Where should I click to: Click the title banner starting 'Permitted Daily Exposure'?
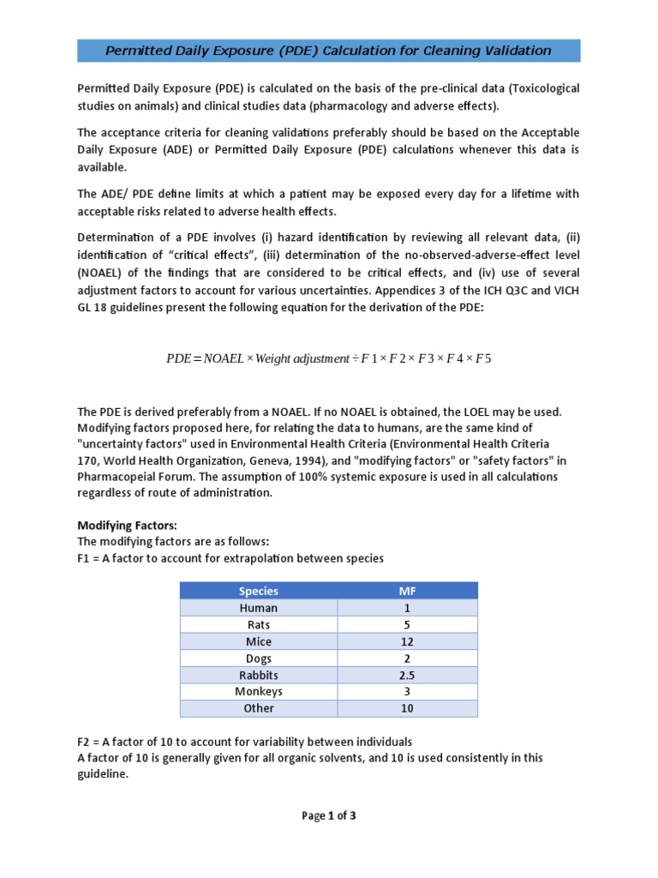point(328,51)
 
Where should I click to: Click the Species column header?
point(258,591)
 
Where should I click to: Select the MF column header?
point(407,591)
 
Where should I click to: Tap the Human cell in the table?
point(258,608)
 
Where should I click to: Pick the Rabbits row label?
point(258,675)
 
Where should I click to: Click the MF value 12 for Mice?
point(407,641)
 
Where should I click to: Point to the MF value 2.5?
point(407,675)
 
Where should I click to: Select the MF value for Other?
point(407,708)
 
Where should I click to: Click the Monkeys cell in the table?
point(258,691)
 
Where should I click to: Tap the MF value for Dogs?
point(407,658)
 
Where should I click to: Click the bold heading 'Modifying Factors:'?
point(128,526)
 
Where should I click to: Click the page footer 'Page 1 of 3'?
point(328,815)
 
